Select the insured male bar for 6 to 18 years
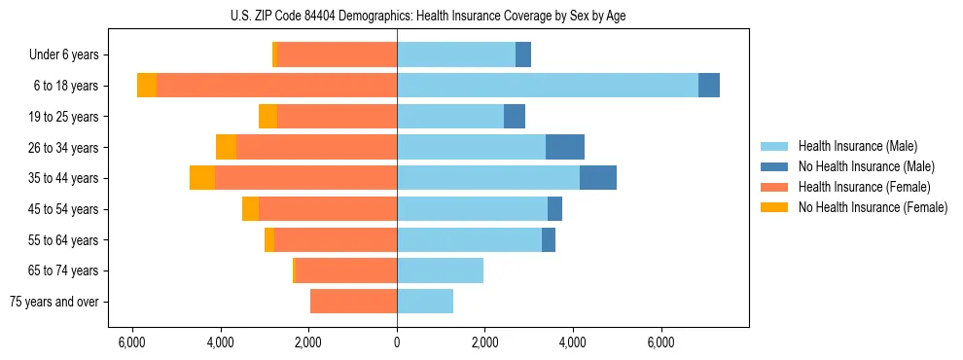[547, 86]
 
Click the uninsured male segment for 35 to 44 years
[598, 178]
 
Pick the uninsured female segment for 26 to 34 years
[226, 147]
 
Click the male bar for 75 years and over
[425, 302]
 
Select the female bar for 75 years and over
[353, 302]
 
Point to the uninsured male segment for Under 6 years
[523, 54]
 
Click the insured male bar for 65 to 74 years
[440, 270]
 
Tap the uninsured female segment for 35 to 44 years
[202, 178]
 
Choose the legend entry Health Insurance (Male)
[857, 146]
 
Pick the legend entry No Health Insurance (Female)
[873, 207]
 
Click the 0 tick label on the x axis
[397, 342]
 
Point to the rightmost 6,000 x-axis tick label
[661, 342]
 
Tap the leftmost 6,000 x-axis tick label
[132, 342]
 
